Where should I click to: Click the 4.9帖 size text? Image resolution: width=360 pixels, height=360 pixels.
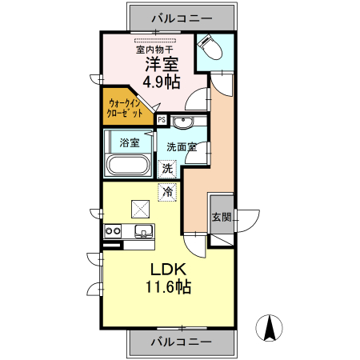(161, 82)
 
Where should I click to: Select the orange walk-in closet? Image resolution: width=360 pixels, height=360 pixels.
(127, 107)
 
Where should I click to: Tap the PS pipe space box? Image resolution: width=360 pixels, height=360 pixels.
(162, 119)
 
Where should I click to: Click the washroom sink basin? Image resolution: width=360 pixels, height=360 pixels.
(182, 123)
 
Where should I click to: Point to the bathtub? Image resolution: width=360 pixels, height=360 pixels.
(128, 166)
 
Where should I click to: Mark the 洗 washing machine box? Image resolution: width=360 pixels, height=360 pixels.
(167, 168)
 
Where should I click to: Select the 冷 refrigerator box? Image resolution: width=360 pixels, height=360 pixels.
(167, 192)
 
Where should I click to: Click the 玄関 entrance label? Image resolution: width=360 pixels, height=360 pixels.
(222, 217)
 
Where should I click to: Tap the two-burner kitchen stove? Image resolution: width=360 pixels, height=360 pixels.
(112, 232)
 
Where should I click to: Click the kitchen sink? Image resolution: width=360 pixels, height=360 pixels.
(144, 232)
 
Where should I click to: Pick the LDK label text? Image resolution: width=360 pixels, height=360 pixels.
(167, 269)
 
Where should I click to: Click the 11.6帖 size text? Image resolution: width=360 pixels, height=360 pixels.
(167, 286)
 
